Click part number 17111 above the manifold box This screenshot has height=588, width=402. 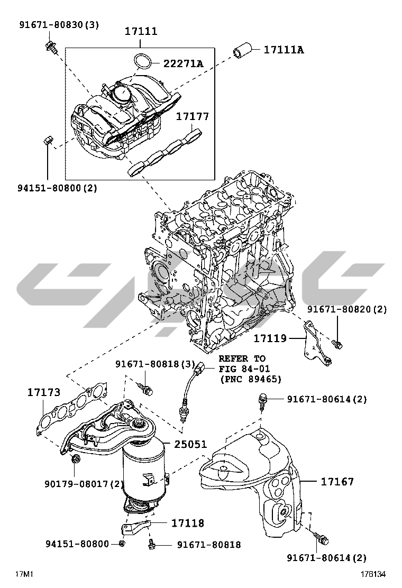[141, 32]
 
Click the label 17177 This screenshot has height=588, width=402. [192, 116]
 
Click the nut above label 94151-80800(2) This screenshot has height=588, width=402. [47, 141]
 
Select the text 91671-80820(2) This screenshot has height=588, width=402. [346, 309]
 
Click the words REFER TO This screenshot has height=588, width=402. [242, 359]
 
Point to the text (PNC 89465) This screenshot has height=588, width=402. [250, 379]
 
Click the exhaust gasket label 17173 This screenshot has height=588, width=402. [43, 393]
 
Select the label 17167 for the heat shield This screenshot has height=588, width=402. [337, 482]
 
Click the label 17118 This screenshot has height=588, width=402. [187, 523]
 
